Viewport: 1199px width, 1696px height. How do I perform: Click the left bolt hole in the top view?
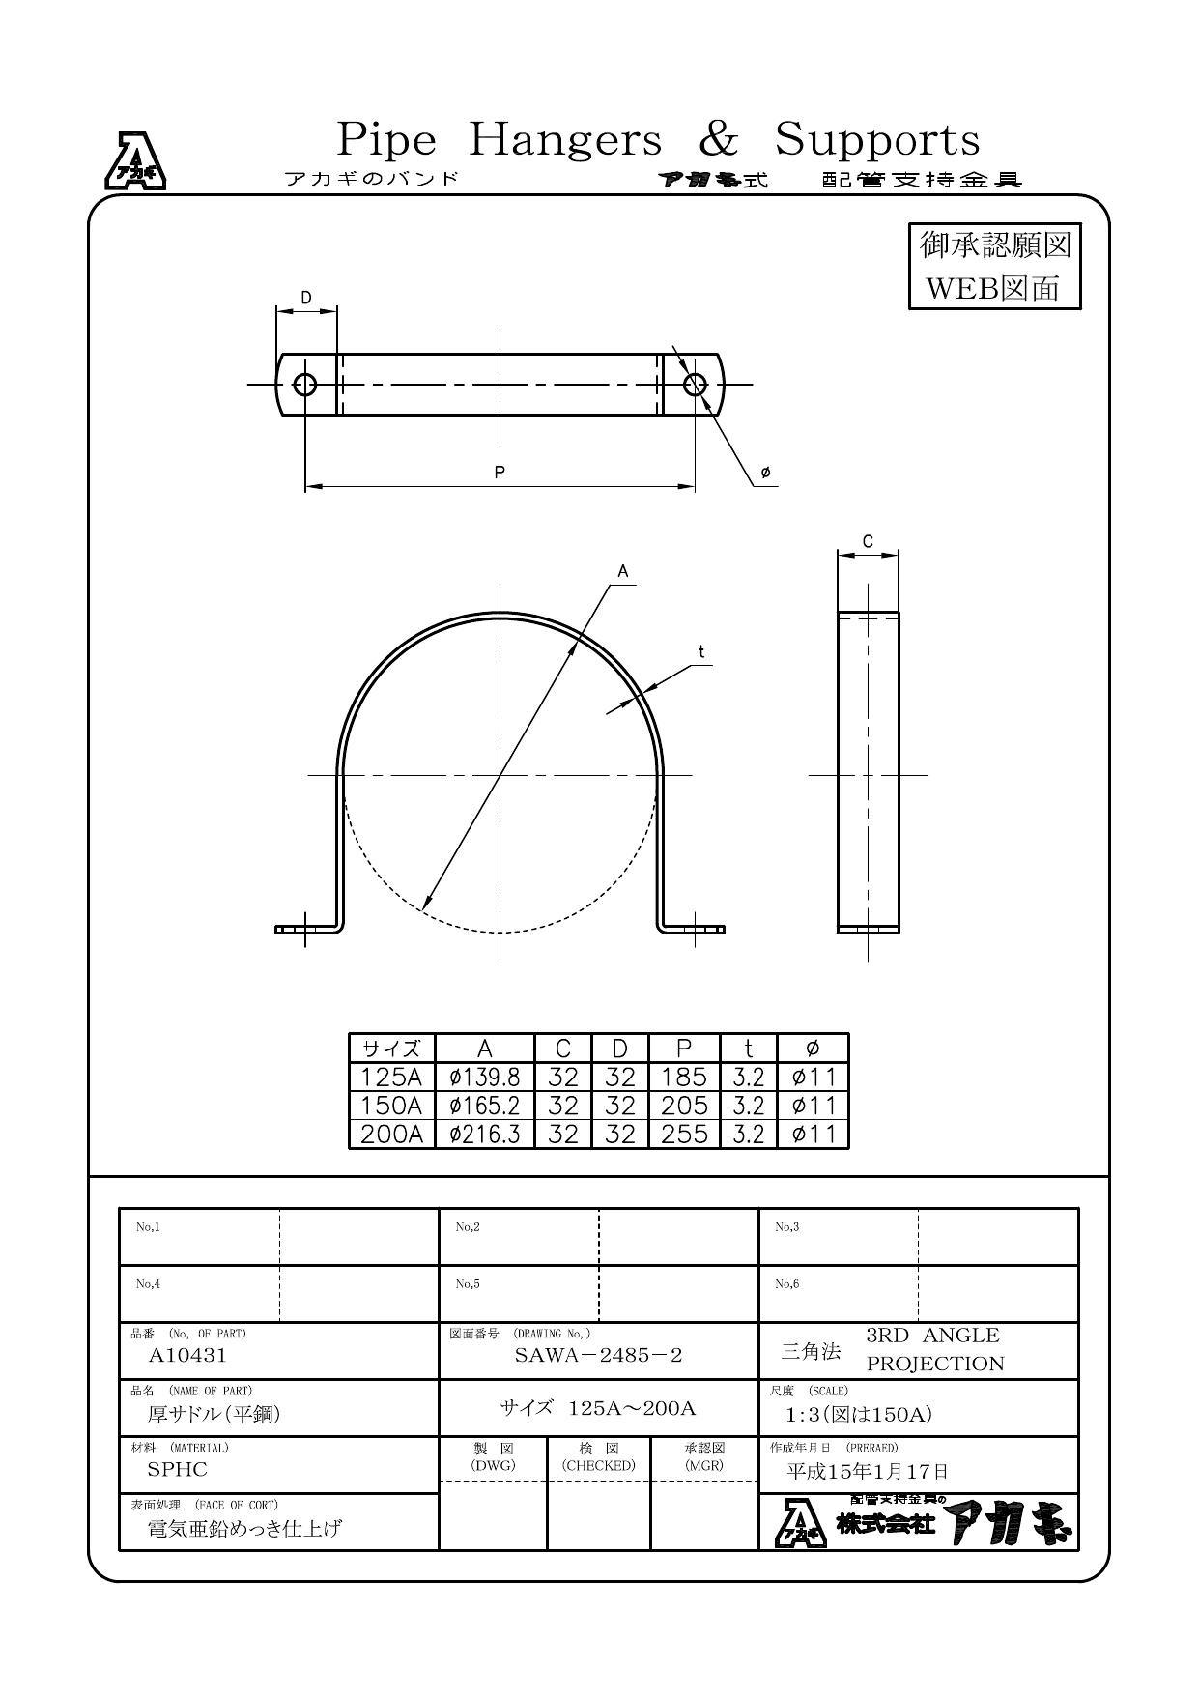coord(305,385)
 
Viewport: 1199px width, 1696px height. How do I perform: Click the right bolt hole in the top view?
coord(695,385)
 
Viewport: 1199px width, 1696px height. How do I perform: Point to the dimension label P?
coord(500,472)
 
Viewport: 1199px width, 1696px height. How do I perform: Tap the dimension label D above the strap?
coord(306,298)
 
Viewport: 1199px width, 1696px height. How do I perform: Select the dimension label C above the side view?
coord(868,541)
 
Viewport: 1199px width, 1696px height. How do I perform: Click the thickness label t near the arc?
coord(701,652)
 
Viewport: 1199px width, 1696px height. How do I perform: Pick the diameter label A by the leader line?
coord(623,571)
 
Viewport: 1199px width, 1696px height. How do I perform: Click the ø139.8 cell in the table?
coord(485,1077)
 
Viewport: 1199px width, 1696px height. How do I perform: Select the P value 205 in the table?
coord(684,1105)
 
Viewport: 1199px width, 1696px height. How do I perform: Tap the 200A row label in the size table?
coord(392,1134)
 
